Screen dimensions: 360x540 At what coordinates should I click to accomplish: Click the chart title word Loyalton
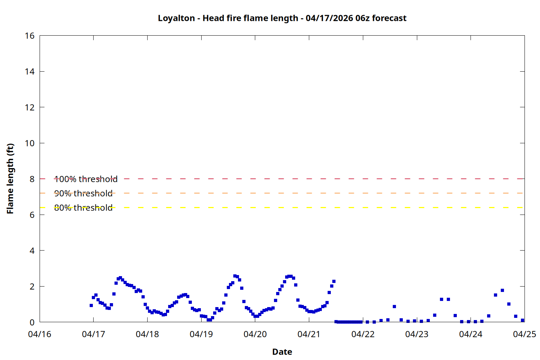(176, 18)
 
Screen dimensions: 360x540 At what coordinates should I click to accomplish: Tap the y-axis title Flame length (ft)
(10, 179)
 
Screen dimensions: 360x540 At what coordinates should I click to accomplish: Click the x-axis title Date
(282, 352)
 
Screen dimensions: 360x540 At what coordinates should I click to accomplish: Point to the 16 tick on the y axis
(30, 36)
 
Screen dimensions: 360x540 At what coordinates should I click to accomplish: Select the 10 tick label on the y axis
(30, 143)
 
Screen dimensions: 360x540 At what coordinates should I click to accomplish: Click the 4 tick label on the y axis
(32, 251)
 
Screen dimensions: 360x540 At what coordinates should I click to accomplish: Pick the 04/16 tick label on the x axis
(40, 334)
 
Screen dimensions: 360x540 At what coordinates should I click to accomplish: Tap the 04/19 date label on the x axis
(201, 334)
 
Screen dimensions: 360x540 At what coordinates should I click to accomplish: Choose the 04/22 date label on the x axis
(363, 334)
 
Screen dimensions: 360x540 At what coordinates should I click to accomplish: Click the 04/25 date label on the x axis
(524, 334)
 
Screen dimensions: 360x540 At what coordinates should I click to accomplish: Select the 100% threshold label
(86, 179)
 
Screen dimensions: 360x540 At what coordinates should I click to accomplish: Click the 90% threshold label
(83, 193)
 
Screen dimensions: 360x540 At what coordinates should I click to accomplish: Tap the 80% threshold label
(83, 208)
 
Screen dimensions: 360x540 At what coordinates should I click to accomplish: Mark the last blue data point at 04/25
(522, 320)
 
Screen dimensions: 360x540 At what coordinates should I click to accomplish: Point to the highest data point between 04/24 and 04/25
(502, 290)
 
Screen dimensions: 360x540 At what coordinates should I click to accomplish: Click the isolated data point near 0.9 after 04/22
(394, 306)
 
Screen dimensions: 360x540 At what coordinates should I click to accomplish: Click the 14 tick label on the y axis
(30, 72)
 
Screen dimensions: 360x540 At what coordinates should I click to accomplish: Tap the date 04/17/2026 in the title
(329, 18)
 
